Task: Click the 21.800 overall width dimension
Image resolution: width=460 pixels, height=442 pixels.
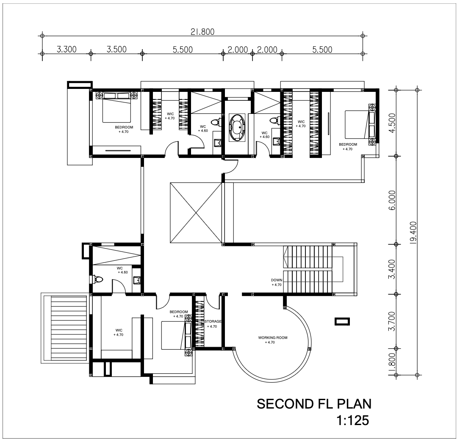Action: coord(202,32)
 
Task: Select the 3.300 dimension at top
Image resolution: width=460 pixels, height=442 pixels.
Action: coord(67,49)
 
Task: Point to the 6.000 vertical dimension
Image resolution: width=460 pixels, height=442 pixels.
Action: coord(392,200)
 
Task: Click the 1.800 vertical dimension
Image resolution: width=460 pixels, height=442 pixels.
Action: coord(392,364)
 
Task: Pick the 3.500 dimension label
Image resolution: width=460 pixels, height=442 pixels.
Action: coord(116,49)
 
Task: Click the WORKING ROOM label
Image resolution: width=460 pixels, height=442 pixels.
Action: coord(273,337)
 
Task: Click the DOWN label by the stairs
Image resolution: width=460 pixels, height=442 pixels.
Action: coord(277,280)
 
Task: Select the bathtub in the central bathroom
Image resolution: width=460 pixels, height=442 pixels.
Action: coord(237,128)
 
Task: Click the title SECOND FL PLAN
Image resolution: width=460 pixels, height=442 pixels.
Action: coord(314,404)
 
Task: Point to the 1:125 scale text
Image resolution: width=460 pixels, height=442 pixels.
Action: coord(353,421)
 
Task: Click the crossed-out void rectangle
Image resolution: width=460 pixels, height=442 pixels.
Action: coord(196,213)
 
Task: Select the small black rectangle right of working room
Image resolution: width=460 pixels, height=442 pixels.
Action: coord(342,322)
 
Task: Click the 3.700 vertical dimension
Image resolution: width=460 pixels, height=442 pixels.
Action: coord(392,321)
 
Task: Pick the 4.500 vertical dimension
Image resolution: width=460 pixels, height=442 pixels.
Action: coord(392,123)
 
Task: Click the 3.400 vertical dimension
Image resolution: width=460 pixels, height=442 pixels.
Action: coord(392,269)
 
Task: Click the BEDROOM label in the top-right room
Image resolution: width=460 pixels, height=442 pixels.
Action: coord(348,144)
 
